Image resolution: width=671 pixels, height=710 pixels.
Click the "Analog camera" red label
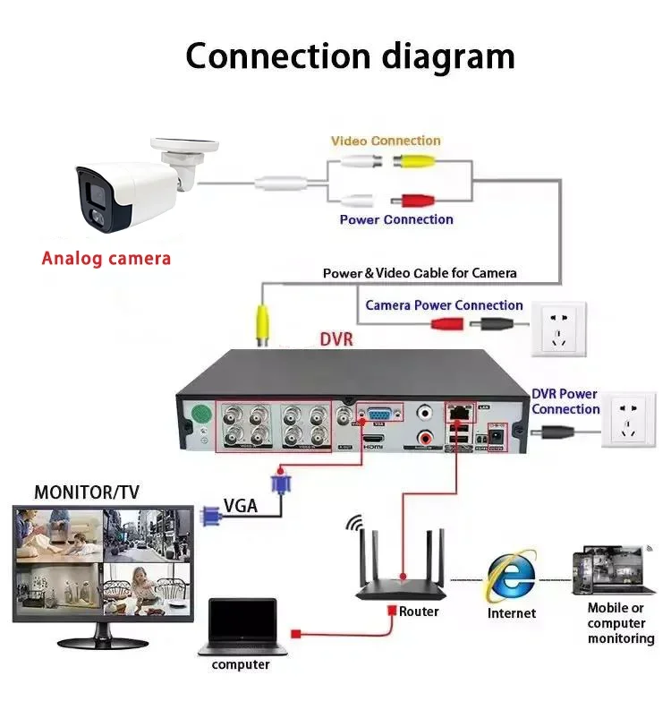click(x=106, y=259)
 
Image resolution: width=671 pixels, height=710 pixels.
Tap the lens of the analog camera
click(x=94, y=192)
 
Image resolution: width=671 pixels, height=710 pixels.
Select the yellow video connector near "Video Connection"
click(x=415, y=162)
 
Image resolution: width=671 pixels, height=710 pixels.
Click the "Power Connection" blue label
click(x=396, y=219)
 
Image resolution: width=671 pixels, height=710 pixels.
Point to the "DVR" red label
click(x=336, y=340)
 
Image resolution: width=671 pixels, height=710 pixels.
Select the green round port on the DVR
click(x=203, y=415)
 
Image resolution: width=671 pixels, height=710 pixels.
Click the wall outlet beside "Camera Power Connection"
click(x=560, y=329)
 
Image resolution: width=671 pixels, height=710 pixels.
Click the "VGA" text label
click(x=241, y=506)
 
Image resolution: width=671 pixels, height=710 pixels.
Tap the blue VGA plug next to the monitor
click(x=210, y=515)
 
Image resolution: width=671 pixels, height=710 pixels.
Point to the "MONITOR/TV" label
click(x=87, y=492)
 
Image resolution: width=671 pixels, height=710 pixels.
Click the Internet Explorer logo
click(x=511, y=576)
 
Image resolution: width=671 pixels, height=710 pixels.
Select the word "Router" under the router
click(x=420, y=612)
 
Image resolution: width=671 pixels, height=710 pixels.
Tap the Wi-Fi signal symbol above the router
click(x=356, y=524)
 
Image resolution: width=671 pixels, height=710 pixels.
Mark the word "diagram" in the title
click(x=447, y=56)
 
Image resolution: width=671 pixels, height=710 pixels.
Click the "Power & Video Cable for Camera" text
click(x=420, y=273)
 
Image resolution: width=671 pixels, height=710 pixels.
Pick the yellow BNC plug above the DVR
click(x=263, y=325)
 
